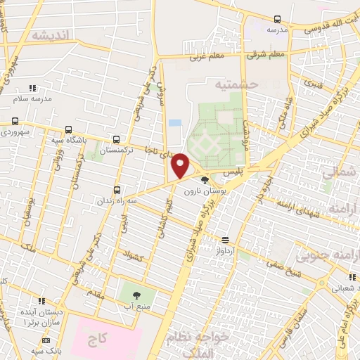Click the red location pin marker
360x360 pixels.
point(181,166)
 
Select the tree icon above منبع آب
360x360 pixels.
point(136,295)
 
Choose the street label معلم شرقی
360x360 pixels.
point(269,53)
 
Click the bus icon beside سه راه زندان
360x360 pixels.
point(117,190)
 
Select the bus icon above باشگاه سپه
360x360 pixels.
point(69,129)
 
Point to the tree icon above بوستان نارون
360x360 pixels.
point(205,180)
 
